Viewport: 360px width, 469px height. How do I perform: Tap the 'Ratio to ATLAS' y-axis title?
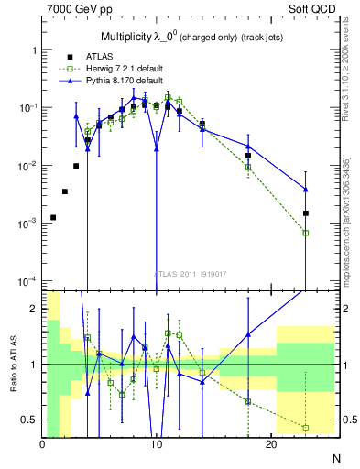[14, 365]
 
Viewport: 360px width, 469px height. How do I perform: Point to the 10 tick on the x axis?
[157, 444]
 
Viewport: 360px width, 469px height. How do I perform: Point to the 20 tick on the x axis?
[271, 444]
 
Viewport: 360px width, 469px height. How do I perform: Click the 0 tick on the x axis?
[42, 444]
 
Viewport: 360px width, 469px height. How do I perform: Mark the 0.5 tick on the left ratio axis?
[31, 420]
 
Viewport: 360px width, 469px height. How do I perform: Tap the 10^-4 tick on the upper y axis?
[27, 280]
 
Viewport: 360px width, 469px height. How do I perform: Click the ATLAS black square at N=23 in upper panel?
[306, 213]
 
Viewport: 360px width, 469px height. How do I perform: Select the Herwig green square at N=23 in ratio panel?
[306, 428]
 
